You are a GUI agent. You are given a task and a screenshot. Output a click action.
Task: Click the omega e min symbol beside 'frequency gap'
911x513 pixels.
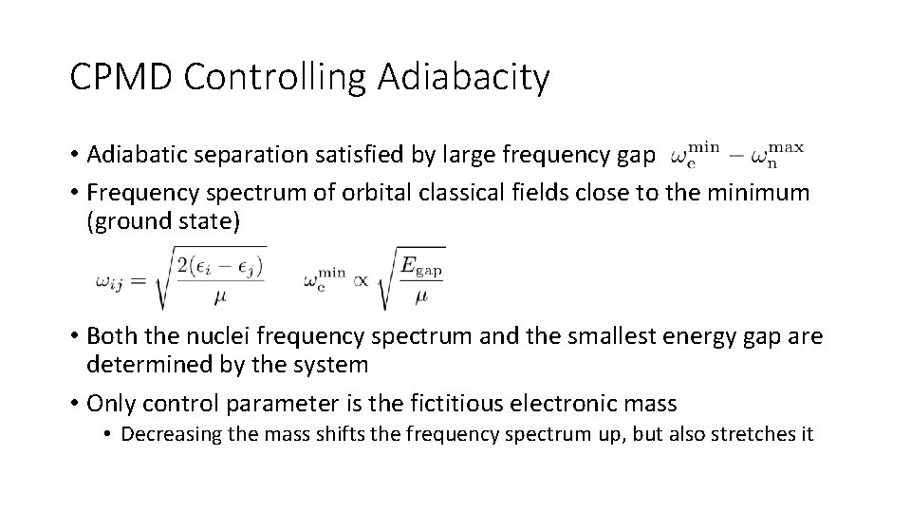[697, 154]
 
